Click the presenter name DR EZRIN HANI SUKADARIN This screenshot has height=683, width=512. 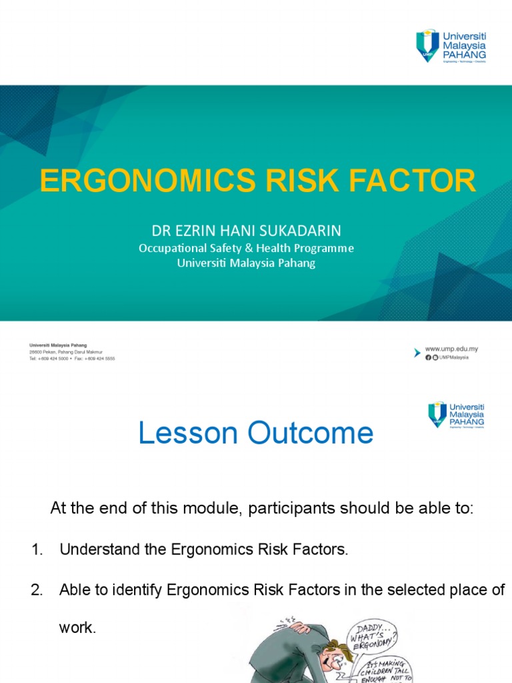coord(247,231)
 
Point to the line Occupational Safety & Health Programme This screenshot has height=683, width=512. coord(246,248)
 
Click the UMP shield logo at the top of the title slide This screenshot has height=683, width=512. coord(427,45)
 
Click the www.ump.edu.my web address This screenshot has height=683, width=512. coord(451,349)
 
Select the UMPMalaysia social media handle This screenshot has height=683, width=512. coord(454,358)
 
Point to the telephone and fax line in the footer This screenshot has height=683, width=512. coord(72,358)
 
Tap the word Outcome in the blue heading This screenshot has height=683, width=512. coord(311,434)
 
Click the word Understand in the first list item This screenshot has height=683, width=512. coord(95,550)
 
